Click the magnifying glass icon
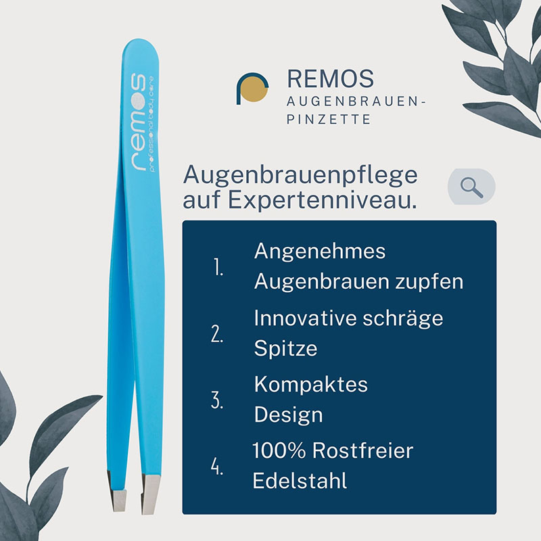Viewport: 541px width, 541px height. (471, 187)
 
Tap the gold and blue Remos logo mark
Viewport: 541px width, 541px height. (252, 89)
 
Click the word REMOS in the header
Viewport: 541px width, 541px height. (330, 78)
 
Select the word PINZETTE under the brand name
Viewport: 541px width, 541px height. (329, 120)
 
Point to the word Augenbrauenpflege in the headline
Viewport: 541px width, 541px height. (300, 177)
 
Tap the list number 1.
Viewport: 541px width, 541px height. (218, 267)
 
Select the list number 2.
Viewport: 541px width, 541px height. (217, 334)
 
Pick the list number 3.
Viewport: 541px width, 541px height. (217, 400)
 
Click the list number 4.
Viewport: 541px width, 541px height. (217, 467)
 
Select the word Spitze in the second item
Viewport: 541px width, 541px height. (285, 349)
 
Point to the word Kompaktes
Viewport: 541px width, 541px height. (311, 384)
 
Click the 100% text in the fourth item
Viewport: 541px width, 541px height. (279, 450)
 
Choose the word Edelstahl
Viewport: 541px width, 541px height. (300, 481)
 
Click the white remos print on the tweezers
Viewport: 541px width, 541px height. (138, 122)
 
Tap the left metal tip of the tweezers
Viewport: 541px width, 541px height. (116, 491)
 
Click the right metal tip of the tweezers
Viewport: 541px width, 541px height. (150, 495)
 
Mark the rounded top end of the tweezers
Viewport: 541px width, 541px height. (141, 47)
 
